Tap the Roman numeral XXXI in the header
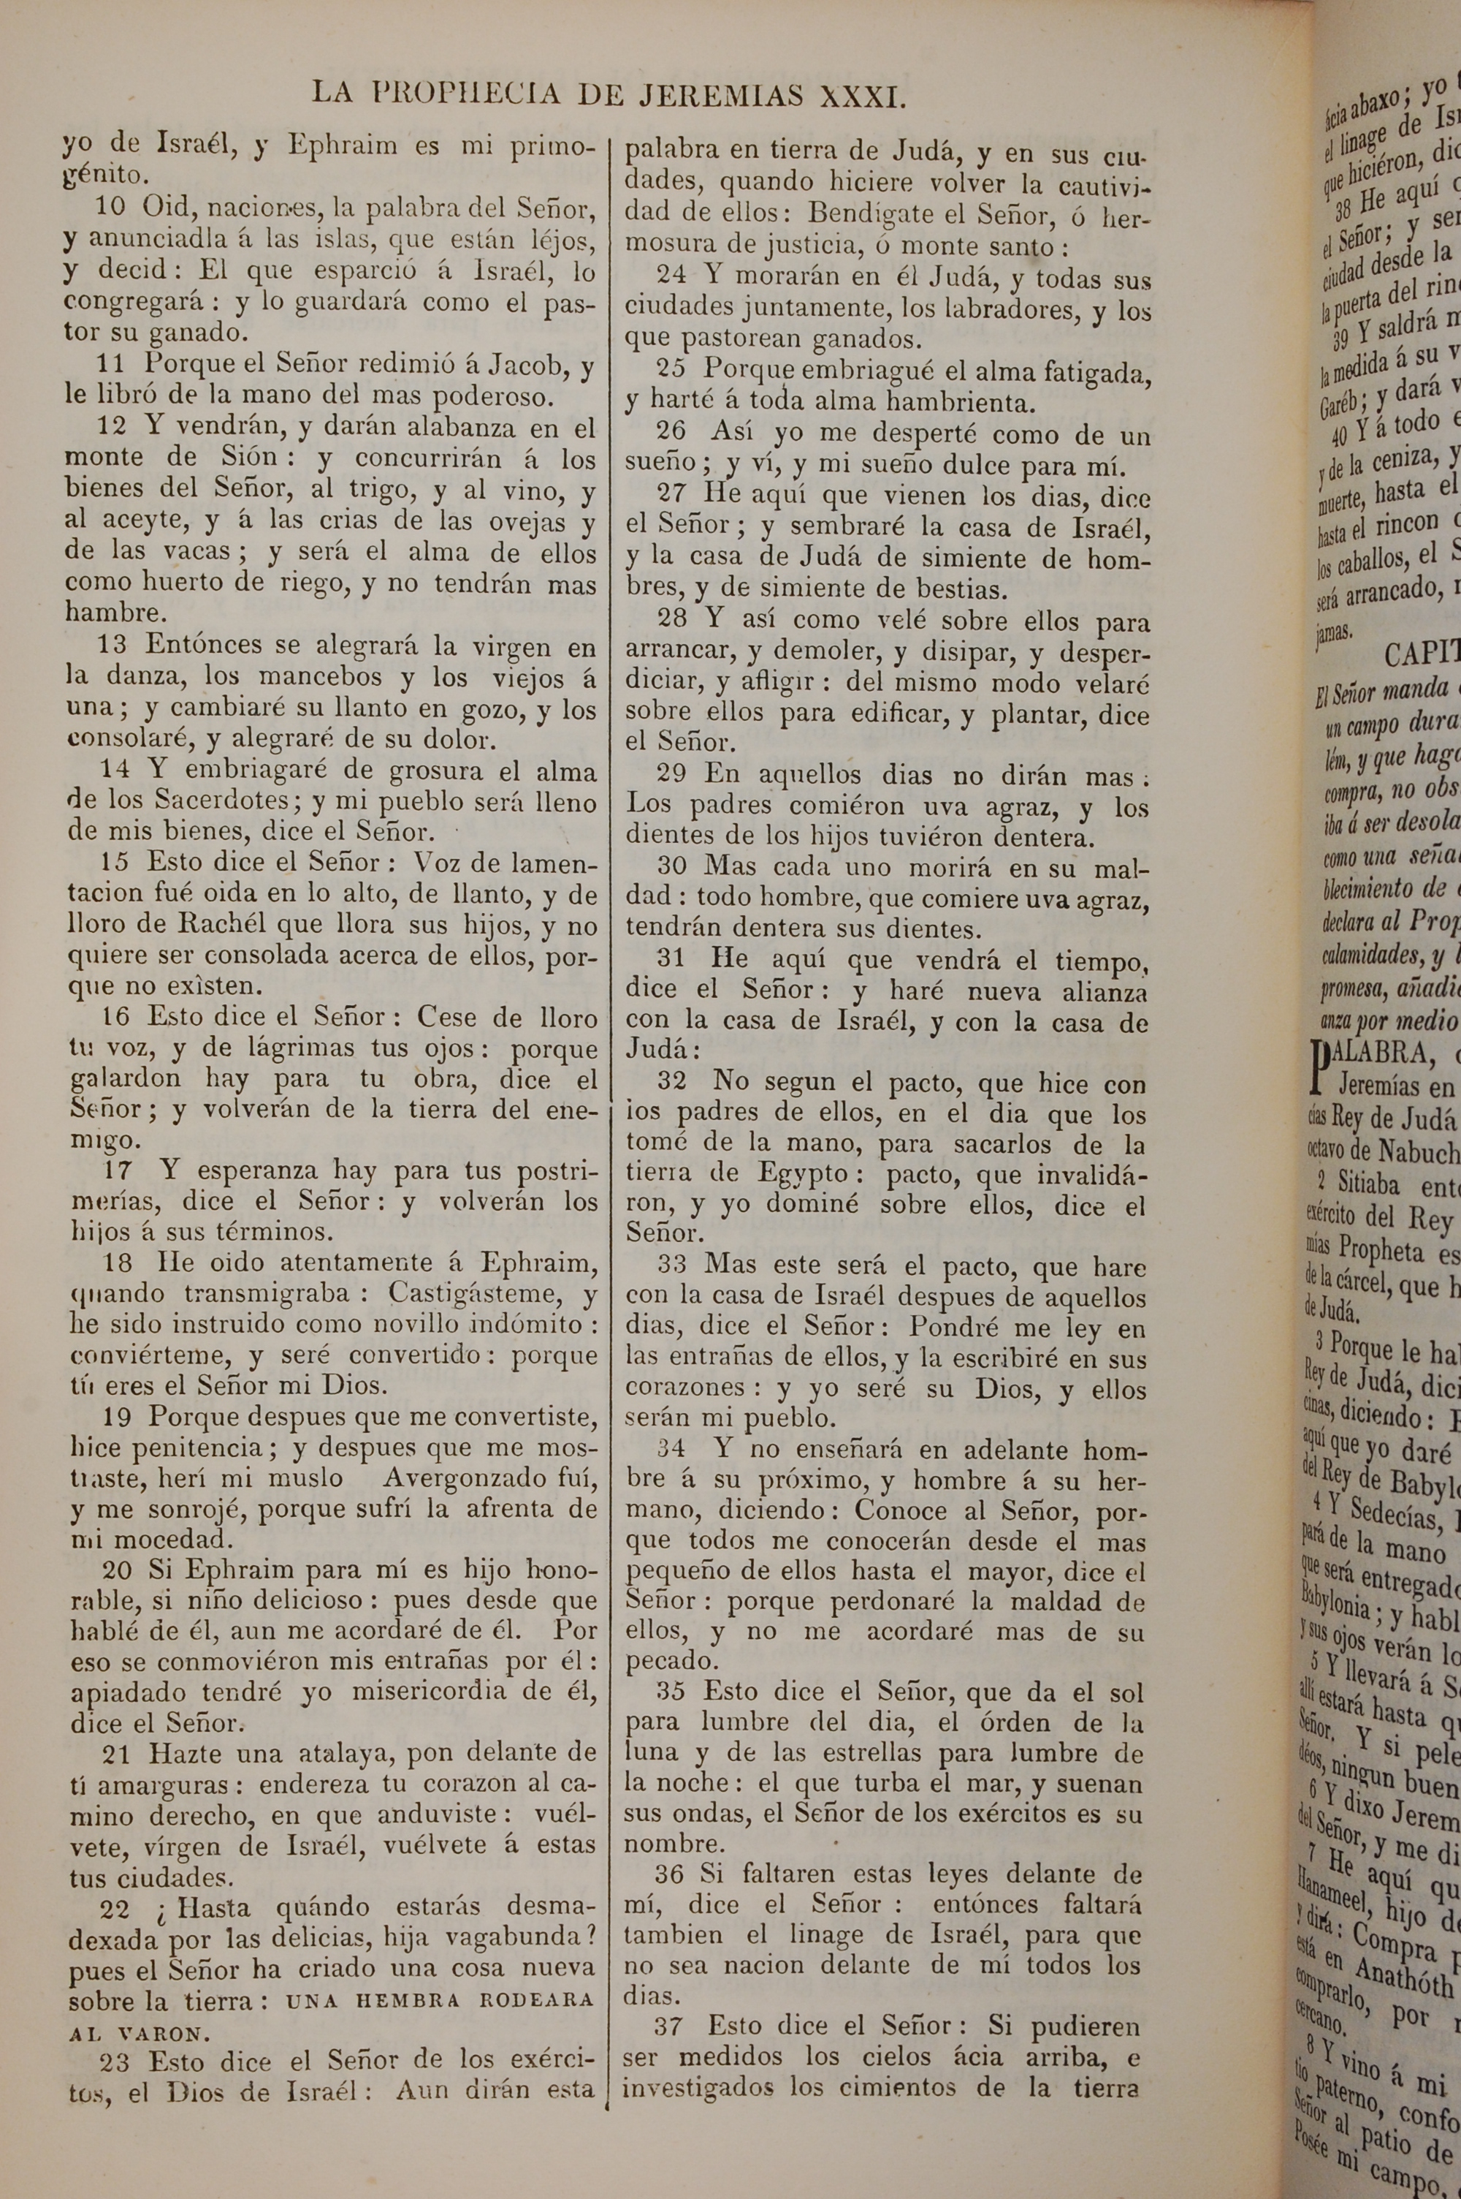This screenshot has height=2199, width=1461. (x=862, y=95)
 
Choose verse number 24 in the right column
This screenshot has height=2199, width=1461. (x=672, y=277)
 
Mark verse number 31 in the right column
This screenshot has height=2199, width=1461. (x=672, y=959)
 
